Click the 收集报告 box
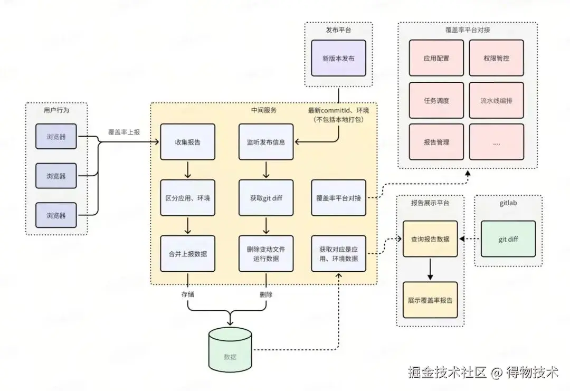point(187,142)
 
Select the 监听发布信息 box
point(266,142)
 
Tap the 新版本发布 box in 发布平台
point(338,58)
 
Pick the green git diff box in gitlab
point(508,239)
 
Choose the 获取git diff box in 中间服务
point(266,198)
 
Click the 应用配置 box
point(436,58)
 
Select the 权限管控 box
point(496,58)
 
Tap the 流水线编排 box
point(496,100)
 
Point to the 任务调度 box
point(436,100)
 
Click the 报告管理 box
point(436,142)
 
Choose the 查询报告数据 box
point(430,239)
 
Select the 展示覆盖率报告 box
point(430,300)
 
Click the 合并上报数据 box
point(187,254)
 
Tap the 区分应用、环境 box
point(187,198)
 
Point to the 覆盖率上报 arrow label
point(124,132)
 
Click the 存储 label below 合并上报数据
point(187,294)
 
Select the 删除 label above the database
point(266,294)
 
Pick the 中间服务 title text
point(263,110)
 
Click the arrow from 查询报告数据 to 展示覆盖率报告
point(430,269)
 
